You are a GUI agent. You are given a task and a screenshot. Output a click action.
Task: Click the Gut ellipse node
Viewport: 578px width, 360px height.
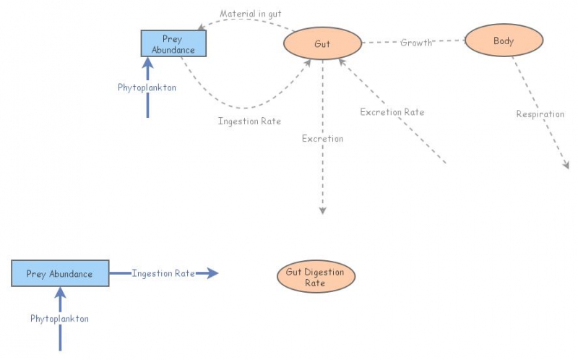click(322, 44)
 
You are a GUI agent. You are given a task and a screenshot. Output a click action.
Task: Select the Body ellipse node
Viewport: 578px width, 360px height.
click(504, 40)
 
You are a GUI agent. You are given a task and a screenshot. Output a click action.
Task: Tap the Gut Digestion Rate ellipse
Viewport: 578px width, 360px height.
click(315, 278)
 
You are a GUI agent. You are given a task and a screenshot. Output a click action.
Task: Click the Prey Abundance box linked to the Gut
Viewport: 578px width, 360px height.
click(173, 44)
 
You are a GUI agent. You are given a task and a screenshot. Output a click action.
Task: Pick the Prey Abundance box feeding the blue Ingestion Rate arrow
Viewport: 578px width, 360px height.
click(60, 274)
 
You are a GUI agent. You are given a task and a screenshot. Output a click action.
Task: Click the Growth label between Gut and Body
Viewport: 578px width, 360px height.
click(416, 43)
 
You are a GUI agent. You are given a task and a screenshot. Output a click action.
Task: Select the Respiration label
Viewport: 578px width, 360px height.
click(540, 114)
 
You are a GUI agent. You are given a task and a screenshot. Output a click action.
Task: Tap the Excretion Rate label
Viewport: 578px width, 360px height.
click(392, 112)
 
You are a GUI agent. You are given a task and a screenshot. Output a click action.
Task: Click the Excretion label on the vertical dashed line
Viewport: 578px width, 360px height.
click(322, 138)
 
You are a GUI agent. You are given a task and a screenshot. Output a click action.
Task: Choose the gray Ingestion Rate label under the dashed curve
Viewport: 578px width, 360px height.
click(249, 121)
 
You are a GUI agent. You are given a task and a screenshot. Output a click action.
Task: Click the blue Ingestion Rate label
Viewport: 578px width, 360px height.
click(163, 273)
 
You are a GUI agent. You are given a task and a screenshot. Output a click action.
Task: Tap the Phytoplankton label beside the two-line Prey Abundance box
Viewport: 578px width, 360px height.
click(147, 87)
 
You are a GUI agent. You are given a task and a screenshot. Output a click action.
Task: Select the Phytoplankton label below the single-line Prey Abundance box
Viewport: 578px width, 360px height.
click(59, 318)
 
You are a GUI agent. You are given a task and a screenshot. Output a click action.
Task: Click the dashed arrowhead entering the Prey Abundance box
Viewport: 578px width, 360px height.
click(203, 26)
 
